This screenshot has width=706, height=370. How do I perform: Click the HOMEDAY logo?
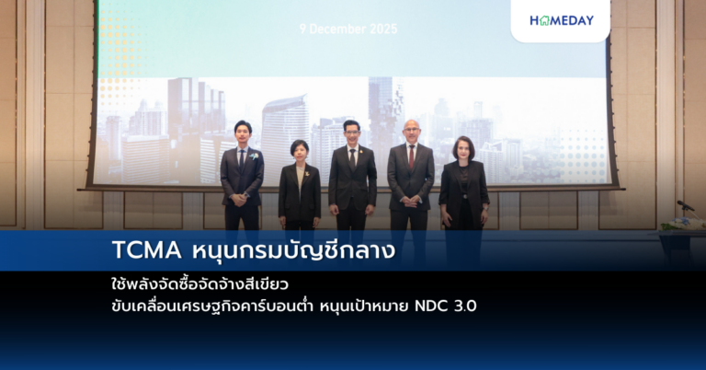tap(562, 20)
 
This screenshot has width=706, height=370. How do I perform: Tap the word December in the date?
tap(339, 29)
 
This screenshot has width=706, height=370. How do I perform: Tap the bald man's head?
tap(410, 128)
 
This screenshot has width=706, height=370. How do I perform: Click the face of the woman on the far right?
tap(462, 150)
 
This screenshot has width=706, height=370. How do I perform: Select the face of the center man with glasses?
tap(352, 133)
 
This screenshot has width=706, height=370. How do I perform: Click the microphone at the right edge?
tap(684, 205)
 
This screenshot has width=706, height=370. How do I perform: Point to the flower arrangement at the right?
tap(682, 224)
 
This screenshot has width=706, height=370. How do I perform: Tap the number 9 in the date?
tap(302, 29)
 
